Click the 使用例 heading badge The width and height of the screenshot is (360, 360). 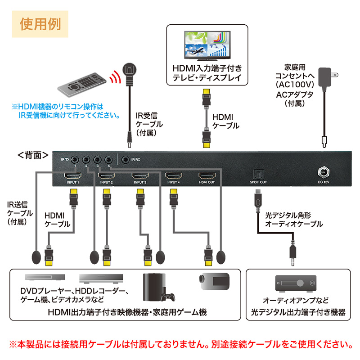[40, 23]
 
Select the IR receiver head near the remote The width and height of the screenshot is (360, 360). [129, 70]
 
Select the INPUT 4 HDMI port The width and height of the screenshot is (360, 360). [173, 175]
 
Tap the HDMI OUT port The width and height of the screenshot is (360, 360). [207, 175]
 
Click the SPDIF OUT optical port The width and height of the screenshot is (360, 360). [257, 173]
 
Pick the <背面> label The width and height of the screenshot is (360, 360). [32, 155]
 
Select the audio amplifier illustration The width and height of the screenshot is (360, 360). [295, 283]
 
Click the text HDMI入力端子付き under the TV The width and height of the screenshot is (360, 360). [207, 68]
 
